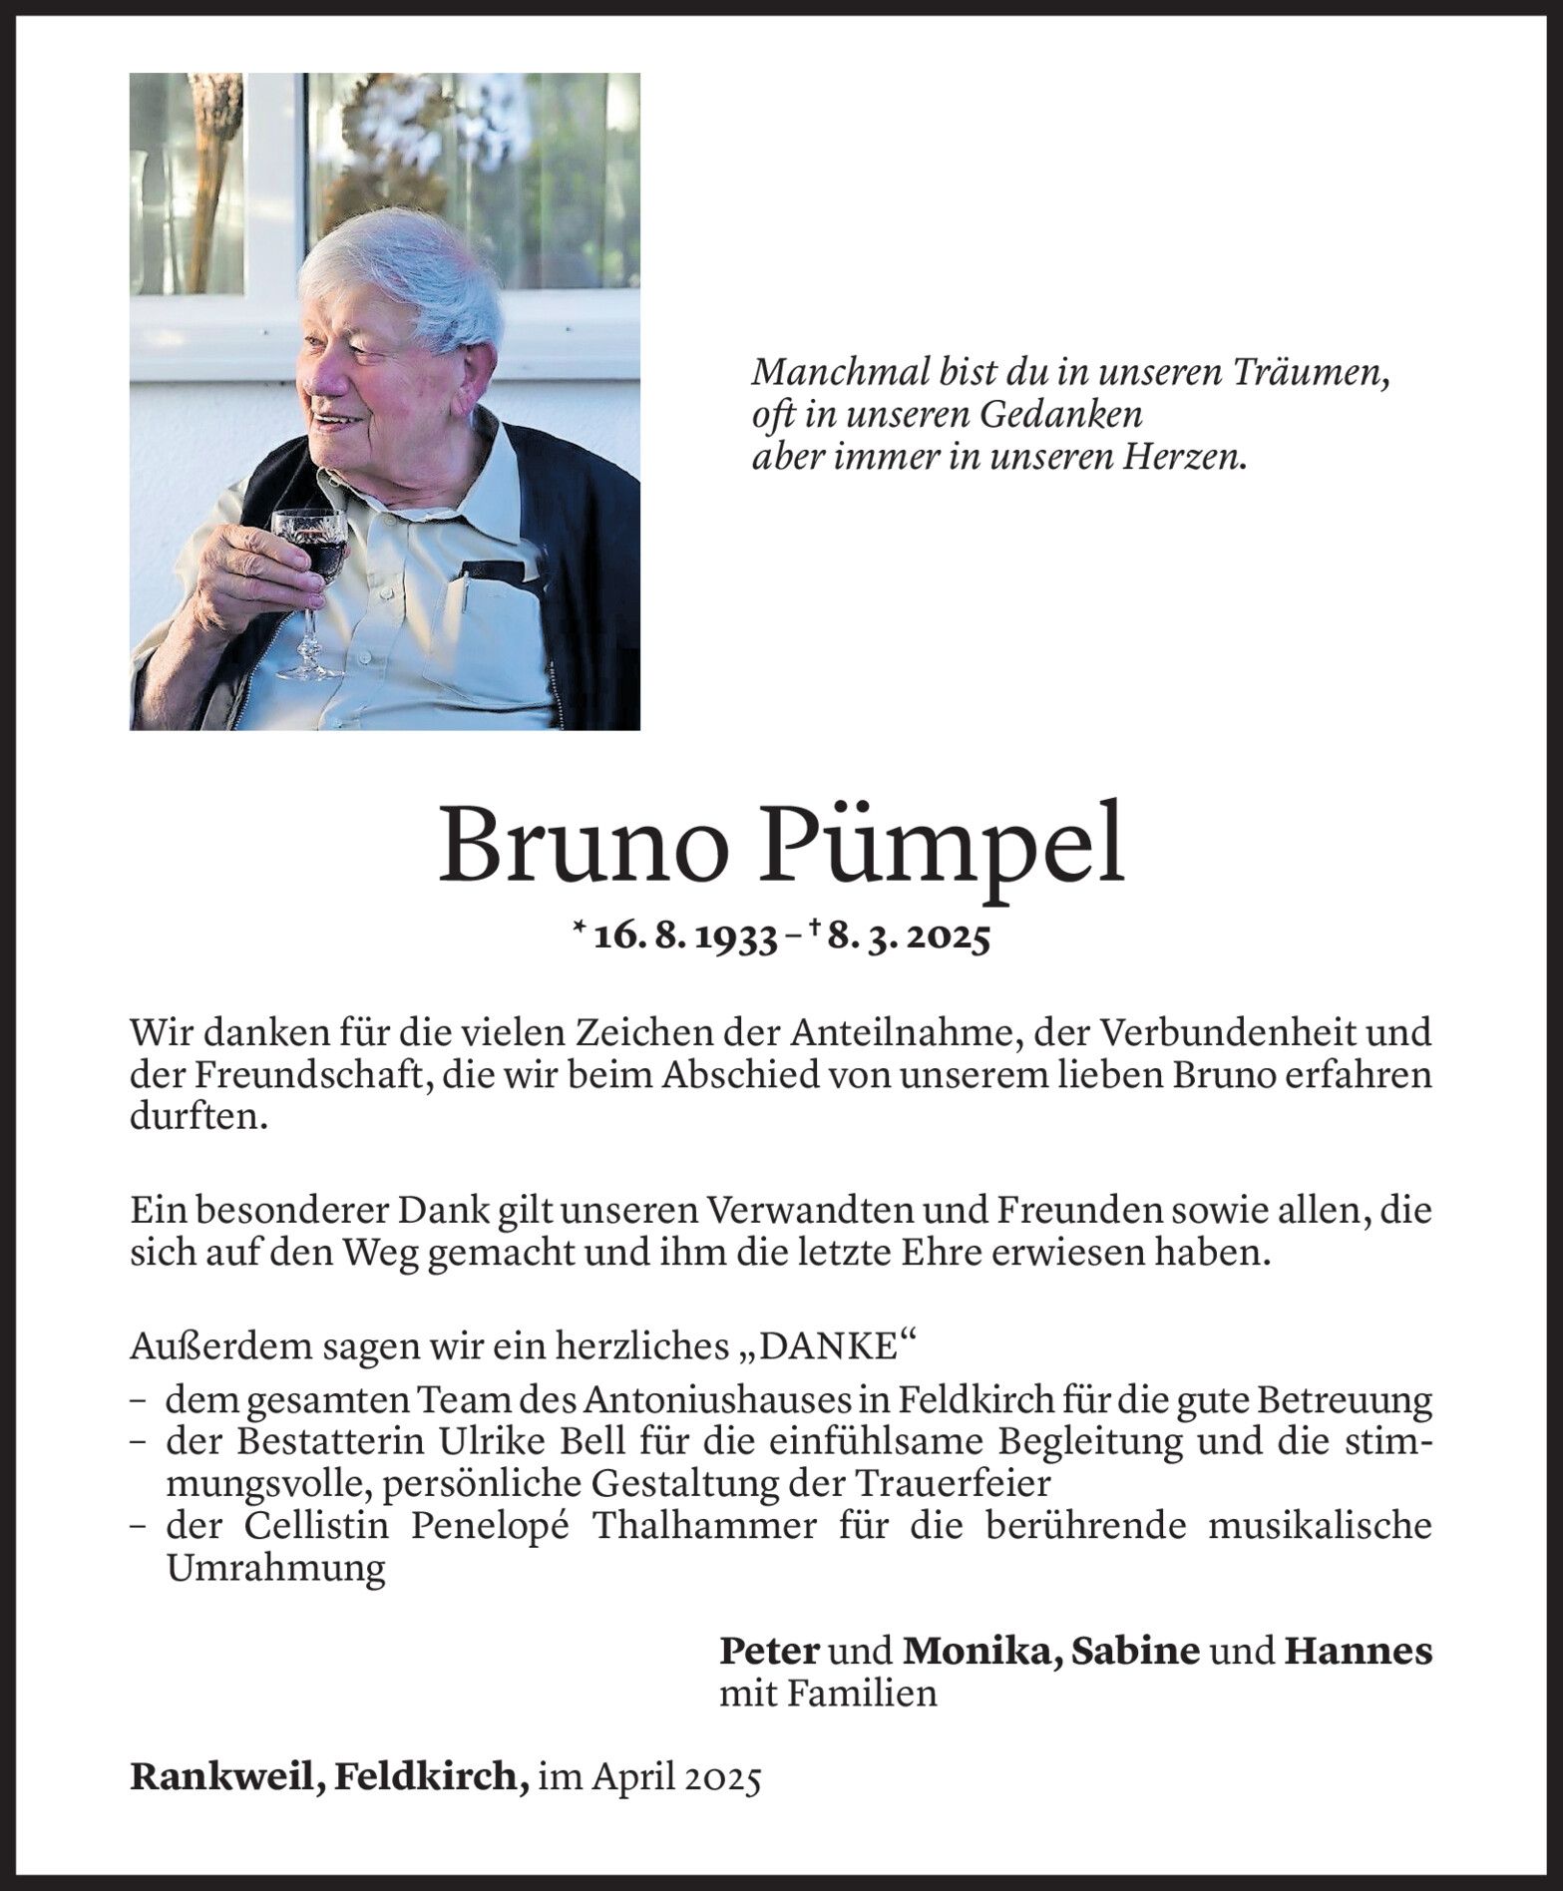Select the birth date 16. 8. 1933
click(685, 938)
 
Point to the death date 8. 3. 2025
click(906, 938)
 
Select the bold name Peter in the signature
click(769, 1651)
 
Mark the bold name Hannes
click(1358, 1651)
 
